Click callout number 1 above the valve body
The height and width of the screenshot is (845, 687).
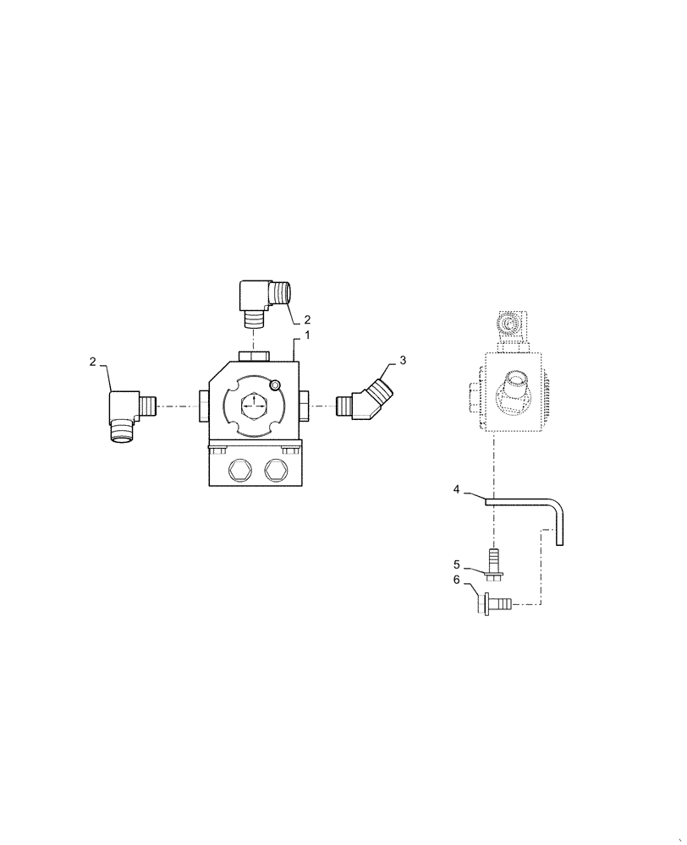(x=307, y=335)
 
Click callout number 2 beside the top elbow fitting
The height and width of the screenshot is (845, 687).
(x=307, y=320)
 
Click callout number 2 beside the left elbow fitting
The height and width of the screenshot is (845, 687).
(x=91, y=362)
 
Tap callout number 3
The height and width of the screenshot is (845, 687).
(x=403, y=360)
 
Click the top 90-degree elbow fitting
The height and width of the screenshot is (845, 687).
(x=261, y=300)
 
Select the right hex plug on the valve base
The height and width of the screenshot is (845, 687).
(x=276, y=470)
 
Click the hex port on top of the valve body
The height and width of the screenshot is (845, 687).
(x=254, y=355)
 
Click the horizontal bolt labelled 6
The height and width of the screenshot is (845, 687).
(x=493, y=603)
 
